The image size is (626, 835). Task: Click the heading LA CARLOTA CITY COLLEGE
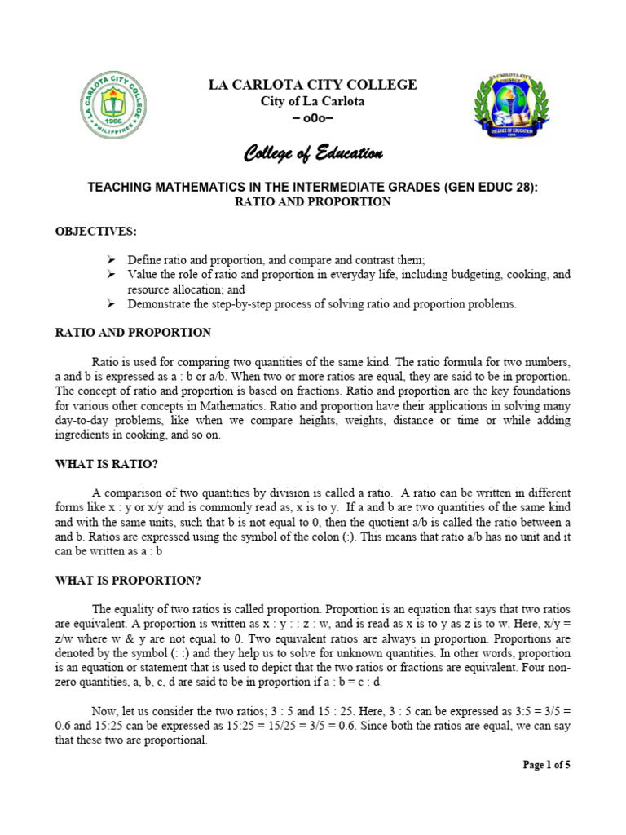click(x=313, y=85)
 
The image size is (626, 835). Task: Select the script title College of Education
click(x=313, y=153)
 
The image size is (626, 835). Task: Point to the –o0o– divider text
click(x=313, y=118)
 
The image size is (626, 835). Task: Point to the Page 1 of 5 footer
click(x=546, y=765)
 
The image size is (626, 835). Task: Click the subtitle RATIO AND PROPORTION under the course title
click(x=313, y=202)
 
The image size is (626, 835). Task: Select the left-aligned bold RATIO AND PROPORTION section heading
click(x=133, y=333)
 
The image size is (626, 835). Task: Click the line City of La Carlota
click(x=313, y=102)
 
